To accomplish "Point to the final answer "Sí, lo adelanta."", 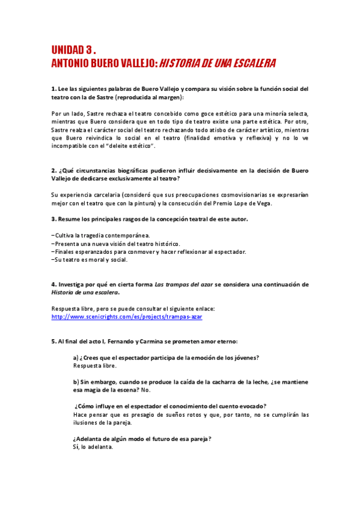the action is (93, 447).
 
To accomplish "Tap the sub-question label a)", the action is (76, 358).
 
